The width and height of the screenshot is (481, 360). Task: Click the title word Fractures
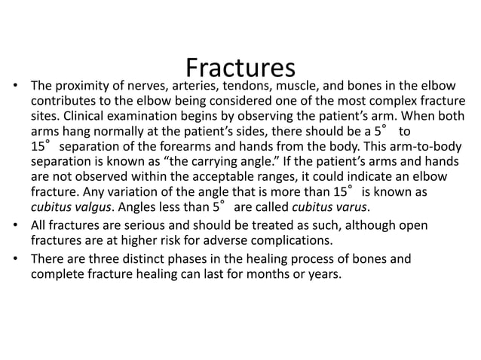(239, 69)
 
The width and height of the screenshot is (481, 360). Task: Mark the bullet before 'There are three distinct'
(15, 259)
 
